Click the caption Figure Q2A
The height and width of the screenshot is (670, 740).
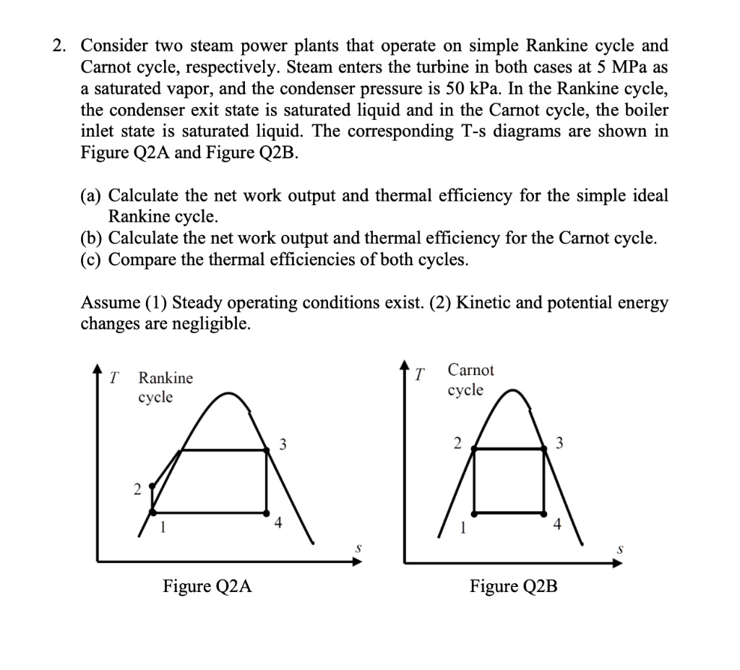(207, 585)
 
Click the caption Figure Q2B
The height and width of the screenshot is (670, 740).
(514, 585)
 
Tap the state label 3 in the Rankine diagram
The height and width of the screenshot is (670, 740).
(283, 444)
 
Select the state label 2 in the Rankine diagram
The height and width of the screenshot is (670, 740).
(137, 489)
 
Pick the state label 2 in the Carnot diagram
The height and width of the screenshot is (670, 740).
(456, 444)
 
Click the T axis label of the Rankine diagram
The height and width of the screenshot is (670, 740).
(114, 377)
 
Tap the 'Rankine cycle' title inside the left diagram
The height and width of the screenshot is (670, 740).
(165, 387)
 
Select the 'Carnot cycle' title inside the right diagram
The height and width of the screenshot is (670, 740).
(470, 379)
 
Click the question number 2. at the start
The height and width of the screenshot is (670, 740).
(60, 46)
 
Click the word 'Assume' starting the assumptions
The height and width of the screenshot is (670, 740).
(103, 302)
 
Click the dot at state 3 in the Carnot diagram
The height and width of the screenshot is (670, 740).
(544, 449)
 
